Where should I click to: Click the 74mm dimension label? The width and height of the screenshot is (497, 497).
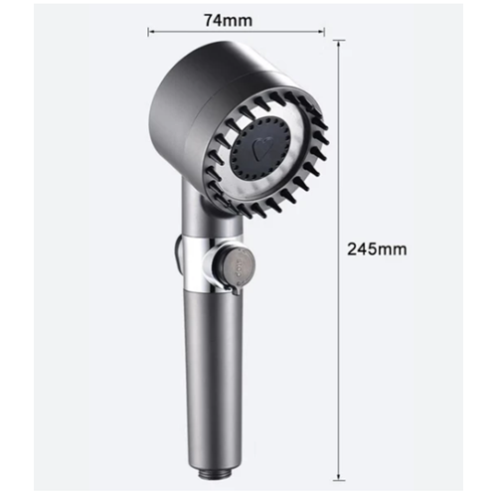(228, 20)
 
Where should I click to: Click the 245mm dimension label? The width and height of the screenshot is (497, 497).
(377, 249)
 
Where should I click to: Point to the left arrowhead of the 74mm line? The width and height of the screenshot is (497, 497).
(150, 32)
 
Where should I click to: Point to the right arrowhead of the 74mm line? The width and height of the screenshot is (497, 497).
(322, 32)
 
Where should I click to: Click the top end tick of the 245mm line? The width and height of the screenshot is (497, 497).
(338, 41)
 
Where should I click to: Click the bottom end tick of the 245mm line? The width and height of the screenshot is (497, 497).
(338, 480)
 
